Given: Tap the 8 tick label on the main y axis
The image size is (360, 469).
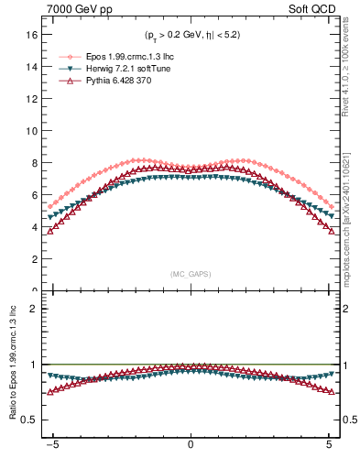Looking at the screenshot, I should pos(36,163).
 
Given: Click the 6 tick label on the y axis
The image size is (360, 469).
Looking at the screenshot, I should pos(36,195).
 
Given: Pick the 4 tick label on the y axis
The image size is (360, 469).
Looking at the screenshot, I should pos(36,227).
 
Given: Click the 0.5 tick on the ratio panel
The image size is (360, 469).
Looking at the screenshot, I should pos(31,420).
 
